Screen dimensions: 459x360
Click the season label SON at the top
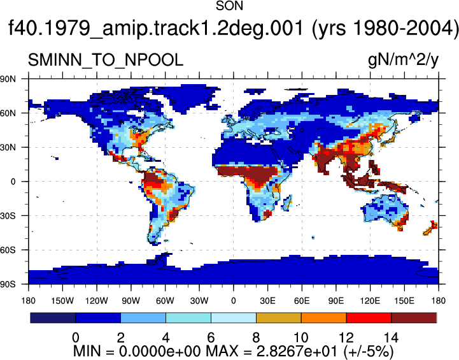tap(229, 6)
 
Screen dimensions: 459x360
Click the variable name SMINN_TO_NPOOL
tap(106, 60)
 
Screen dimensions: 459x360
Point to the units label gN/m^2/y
tap(403, 61)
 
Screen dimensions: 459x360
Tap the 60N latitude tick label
tap(8, 113)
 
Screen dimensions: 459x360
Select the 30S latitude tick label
tap(8, 216)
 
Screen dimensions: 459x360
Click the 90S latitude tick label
tap(8, 284)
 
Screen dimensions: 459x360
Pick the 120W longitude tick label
tap(97, 301)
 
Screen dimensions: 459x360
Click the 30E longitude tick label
tap(267, 301)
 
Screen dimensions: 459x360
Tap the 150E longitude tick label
tap(404, 301)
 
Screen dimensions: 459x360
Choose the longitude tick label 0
tap(233, 301)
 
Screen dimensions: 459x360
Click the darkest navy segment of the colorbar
tap(53, 318)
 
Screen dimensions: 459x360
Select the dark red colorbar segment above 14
tap(414, 318)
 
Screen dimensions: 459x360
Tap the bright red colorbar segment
tap(369, 318)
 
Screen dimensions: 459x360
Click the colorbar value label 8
tap(256, 338)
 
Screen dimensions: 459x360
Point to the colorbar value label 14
tap(391, 338)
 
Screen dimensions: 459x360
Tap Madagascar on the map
tap(287, 203)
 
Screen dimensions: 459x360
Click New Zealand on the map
tap(430, 228)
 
